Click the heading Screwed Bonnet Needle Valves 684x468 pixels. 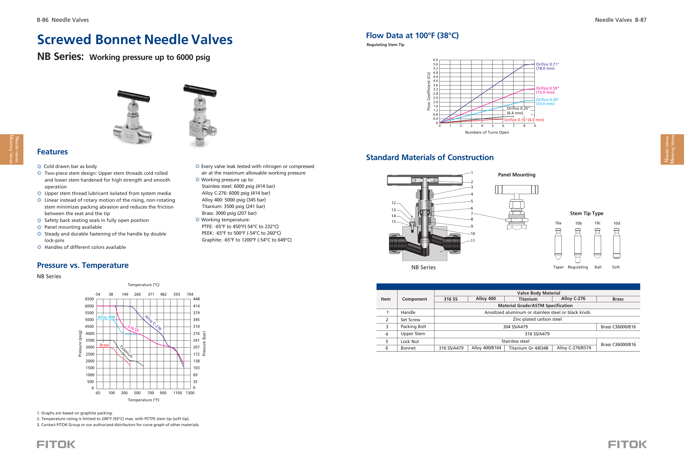[x=135, y=39]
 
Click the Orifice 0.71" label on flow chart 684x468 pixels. [x=547, y=64]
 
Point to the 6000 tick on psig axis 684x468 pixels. [x=89, y=306]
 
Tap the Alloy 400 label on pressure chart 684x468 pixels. [x=106, y=317]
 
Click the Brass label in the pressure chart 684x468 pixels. [x=104, y=345]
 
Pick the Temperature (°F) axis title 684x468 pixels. [x=143, y=400]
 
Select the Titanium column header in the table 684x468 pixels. [x=528, y=299]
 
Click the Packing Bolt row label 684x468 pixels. [x=413, y=326]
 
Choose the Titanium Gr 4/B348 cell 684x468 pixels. [x=528, y=348]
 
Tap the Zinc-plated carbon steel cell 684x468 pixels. [x=537, y=319]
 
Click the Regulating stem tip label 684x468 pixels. [x=577, y=267]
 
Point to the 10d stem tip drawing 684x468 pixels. [x=616, y=243]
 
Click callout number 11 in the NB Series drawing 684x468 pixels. [x=473, y=241]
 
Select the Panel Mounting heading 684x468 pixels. [x=516, y=175]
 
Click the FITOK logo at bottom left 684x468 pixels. [x=56, y=444]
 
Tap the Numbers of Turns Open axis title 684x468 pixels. [x=487, y=132]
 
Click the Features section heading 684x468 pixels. [x=52, y=152]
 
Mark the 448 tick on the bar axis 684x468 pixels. [x=196, y=299]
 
